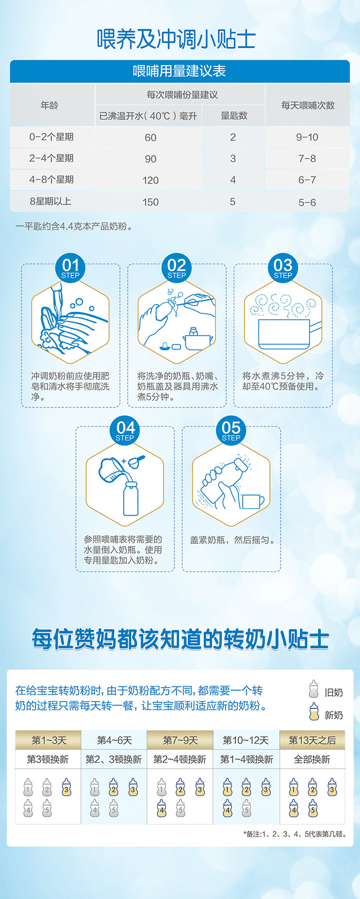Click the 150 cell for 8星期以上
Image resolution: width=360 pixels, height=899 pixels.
pos(150,202)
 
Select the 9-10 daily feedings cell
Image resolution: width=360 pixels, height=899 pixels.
pos(307,137)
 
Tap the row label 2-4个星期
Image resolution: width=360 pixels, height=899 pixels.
pos(51,158)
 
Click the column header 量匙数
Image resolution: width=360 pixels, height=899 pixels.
pos(234,115)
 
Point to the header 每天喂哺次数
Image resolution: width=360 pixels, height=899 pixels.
pos(308,105)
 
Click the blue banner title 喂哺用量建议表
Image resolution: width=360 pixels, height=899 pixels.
pos(180,71)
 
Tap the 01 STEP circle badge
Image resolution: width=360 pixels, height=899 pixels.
pos(71,267)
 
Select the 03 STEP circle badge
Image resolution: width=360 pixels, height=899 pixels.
pos(283,267)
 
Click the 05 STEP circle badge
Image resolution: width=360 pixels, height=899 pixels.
pos(231,430)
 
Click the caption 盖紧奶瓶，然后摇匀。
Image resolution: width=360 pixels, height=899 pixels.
pos(232,540)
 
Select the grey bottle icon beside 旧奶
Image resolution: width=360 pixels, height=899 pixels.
pos(313,689)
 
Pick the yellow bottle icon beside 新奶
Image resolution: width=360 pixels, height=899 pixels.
pos(314,711)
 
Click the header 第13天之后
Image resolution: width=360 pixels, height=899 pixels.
pos(312,740)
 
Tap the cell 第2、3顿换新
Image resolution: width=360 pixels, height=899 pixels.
pos(113,759)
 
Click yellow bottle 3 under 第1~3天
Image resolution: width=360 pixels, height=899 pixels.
pos(66,787)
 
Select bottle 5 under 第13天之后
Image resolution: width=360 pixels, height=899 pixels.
pos(313,808)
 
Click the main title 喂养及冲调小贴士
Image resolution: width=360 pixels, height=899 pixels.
pos(177,39)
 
